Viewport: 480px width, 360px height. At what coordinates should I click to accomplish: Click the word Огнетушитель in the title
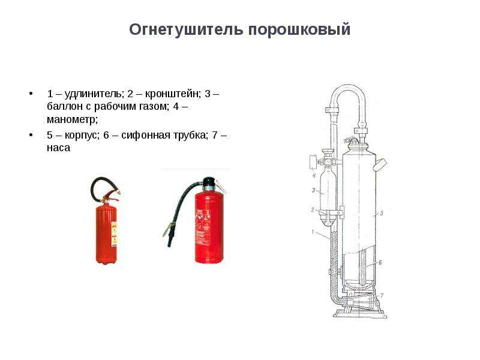coord(186,30)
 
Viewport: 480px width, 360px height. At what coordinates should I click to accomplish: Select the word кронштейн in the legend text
coord(173,94)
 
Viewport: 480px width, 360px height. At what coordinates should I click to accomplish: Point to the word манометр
coord(72,119)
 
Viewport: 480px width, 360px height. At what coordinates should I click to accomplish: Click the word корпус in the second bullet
coord(82,136)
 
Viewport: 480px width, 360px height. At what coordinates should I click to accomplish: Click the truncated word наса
coord(58,148)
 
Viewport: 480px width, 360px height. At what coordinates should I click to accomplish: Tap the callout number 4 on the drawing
coord(314,175)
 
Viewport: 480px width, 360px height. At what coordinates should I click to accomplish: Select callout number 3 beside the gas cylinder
coord(313,190)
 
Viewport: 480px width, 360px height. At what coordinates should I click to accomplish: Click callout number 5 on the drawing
coord(382,213)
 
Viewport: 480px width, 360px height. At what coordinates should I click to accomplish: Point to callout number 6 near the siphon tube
coord(380,262)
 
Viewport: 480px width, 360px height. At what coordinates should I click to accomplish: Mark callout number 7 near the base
coord(382,295)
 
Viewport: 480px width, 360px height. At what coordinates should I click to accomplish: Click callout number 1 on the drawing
coord(313,232)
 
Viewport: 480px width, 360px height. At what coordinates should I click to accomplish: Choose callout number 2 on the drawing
coord(313,210)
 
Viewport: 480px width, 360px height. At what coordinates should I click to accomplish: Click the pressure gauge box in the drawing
coord(313,162)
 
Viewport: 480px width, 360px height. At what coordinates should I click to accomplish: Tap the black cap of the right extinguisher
coord(209,182)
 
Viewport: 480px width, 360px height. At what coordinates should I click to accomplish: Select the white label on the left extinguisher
coord(114,234)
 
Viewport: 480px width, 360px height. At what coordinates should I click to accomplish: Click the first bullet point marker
coord(31,94)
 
